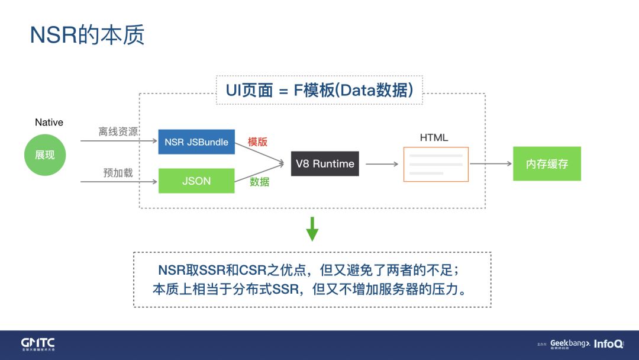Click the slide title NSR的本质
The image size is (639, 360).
coord(87,36)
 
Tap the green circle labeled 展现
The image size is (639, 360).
coord(45,155)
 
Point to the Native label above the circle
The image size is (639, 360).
coord(49,123)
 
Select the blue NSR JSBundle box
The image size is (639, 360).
coord(196,142)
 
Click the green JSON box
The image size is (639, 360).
coord(196,181)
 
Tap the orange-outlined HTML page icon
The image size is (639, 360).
coord(436,164)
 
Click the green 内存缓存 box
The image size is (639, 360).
coord(547,164)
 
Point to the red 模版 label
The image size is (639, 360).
coord(258,142)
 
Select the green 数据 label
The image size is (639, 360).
coord(259,182)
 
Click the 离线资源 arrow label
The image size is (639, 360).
coord(118,131)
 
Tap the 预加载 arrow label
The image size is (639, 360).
coord(118,173)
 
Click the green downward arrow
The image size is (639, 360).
coord(312,229)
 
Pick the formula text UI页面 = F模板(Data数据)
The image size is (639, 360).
coord(319,90)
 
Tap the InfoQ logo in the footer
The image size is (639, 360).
coord(608,344)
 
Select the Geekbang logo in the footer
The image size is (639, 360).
coord(570,344)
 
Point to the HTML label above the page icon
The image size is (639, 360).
coord(434,137)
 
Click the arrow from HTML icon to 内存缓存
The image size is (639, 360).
coord(490,164)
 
